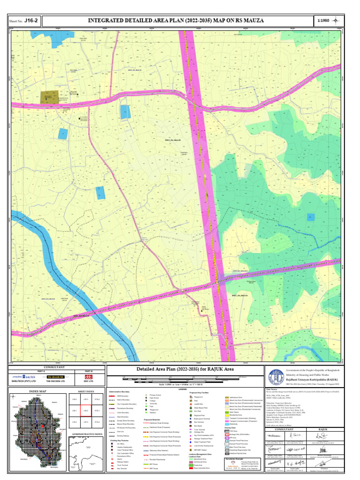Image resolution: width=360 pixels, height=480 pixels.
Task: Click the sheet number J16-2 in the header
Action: click(x=31, y=21)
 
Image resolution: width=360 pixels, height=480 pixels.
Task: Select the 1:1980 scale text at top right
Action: click(x=323, y=21)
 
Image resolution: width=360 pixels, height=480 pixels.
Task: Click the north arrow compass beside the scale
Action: click(x=338, y=21)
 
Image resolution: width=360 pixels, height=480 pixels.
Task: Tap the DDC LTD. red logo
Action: click(x=89, y=377)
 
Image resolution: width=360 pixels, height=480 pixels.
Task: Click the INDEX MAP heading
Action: click(x=38, y=391)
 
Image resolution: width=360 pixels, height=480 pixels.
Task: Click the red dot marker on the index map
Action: click(x=43, y=426)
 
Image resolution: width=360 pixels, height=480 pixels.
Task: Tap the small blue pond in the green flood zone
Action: click(x=310, y=217)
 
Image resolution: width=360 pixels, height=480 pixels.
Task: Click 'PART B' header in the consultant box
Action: click(x=89, y=371)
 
